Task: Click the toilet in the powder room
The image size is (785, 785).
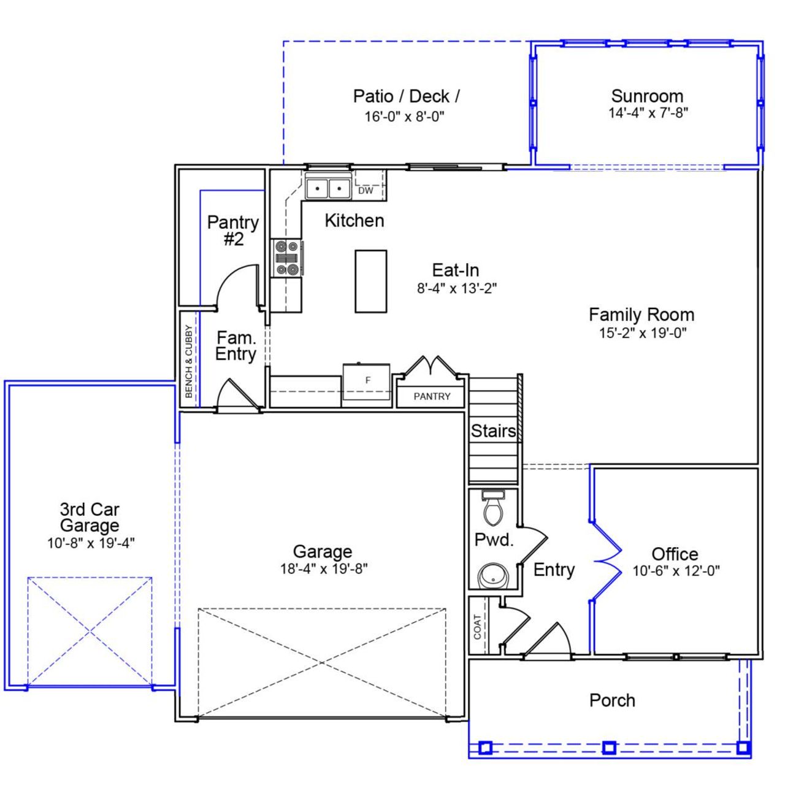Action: click(492, 508)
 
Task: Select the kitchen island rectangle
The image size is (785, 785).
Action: click(370, 281)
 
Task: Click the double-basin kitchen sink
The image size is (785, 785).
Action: click(328, 188)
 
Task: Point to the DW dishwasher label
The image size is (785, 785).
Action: click(366, 191)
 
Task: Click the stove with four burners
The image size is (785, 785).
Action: click(287, 258)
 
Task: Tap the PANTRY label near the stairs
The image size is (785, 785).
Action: click(432, 397)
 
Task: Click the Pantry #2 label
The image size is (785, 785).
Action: click(233, 231)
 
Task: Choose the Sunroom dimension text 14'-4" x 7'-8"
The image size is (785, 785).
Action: click(648, 113)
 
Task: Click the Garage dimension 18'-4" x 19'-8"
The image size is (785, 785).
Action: click(323, 569)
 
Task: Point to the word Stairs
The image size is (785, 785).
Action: click(493, 431)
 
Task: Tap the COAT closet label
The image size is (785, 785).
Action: click(478, 627)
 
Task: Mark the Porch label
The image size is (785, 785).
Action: click(612, 700)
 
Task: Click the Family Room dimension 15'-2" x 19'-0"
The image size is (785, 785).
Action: click(642, 333)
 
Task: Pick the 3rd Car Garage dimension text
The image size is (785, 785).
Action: click(91, 543)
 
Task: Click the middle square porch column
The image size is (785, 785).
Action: click(608, 748)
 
